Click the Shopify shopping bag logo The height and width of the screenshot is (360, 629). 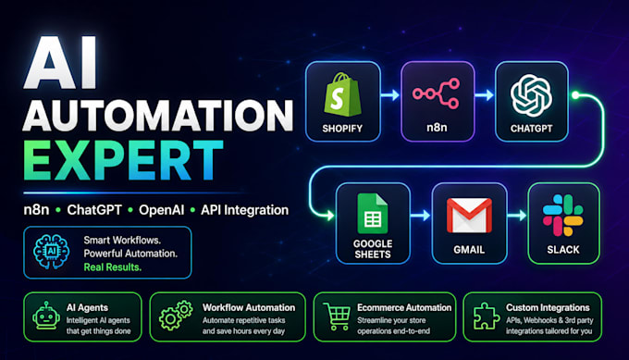(x=342, y=94)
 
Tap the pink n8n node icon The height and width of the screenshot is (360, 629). (x=436, y=93)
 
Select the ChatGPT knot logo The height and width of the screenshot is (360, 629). (x=531, y=95)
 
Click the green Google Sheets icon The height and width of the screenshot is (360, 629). (x=372, y=214)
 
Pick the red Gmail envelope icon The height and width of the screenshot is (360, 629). (x=469, y=215)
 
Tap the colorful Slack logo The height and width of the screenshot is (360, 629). (x=562, y=215)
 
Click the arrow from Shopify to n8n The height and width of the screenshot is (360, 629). (x=390, y=95)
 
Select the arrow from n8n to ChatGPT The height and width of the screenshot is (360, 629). (x=484, y=95)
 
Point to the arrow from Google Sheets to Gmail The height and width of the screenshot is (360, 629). (x=420, y=216)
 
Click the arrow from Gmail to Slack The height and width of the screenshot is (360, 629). (x=517, y=216)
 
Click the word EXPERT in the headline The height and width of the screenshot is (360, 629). (x=123, y=160)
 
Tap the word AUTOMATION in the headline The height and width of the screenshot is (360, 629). (x=158, y=115)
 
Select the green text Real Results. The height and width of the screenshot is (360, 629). (x=113, y=267)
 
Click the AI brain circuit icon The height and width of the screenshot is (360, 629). (x=52, y=252)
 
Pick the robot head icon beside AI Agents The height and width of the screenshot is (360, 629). (x=46, y=316)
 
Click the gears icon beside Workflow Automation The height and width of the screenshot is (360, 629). (x=176, y=316)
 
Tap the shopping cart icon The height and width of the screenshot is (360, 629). (x=337, y=317)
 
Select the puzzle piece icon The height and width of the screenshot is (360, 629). (x=486, y=316)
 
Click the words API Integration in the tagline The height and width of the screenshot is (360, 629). (x=245, y=210)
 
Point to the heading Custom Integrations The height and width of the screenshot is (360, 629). (x=548, y=308)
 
